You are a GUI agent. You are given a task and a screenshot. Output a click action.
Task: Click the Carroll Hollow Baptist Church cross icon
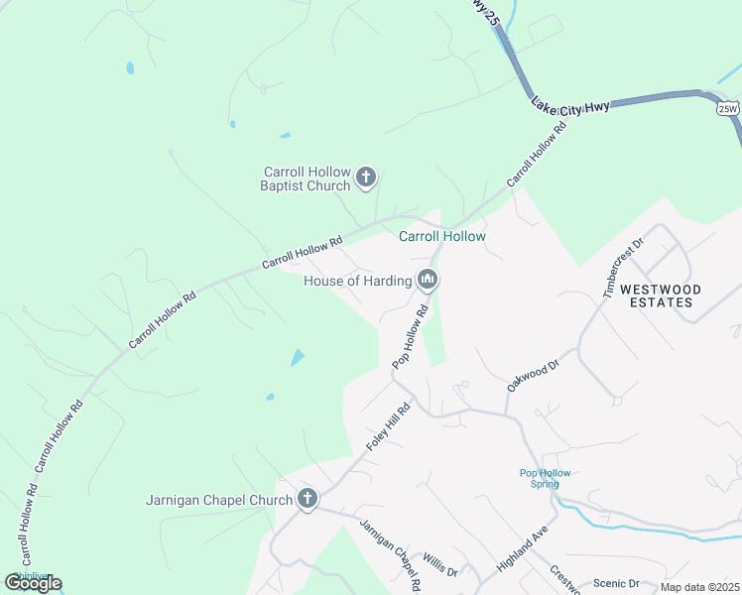tap(366, 178)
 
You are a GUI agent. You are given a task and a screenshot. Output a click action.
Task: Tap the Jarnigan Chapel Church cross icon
tap(308, 499)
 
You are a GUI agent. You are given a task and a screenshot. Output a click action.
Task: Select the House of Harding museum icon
tap(428, 281)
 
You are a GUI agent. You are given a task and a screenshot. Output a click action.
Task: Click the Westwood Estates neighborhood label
tap(661, 296)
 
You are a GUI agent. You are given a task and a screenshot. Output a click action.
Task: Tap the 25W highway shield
tap(728, 108)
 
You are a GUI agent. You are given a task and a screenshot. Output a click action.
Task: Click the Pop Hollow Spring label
tap(546, 478)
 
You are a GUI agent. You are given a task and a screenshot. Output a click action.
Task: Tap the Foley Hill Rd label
tap(389, 427)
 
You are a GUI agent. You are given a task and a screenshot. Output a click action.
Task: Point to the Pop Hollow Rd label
tap(410, 337)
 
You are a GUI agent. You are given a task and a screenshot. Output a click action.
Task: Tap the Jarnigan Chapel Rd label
tap(390, 554)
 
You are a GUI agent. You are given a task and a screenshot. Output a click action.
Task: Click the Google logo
tap(33, 582)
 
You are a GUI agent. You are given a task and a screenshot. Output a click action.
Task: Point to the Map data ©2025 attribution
tap(699, 587)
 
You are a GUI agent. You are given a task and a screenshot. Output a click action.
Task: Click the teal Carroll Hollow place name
tap(442, 236)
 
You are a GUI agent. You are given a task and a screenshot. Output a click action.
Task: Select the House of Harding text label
tap(357, 281)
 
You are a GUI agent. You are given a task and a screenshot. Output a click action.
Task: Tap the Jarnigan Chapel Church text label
tap(219, 499)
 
